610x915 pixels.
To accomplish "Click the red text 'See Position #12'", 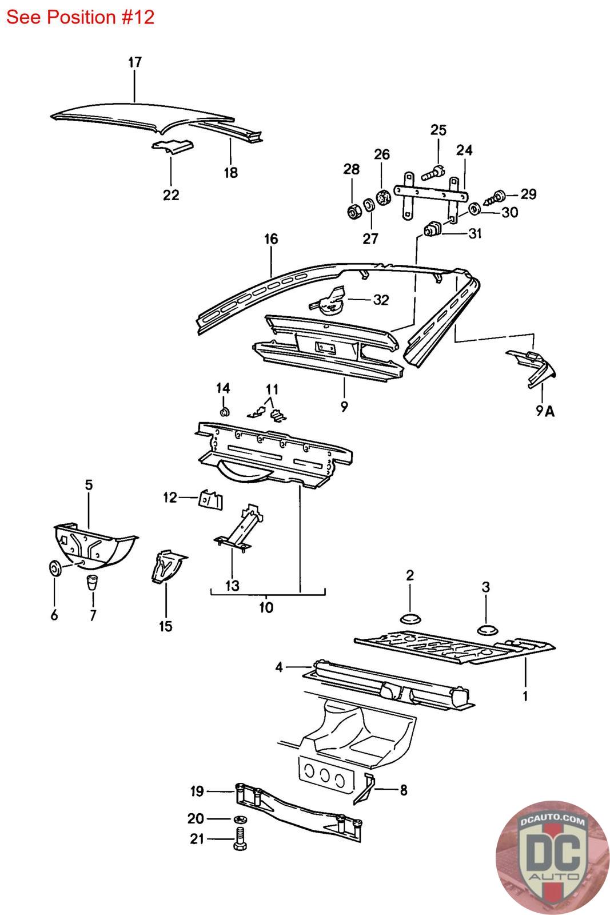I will [x=80, y=17].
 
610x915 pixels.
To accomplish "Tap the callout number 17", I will [x=134, y=62].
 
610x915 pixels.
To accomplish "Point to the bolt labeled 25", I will [x=433, y=170].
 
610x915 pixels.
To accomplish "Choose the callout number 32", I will [x=381, y=300].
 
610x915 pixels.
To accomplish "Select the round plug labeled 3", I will [x=487, y=630].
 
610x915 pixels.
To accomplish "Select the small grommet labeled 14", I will [x=224, y=411].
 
